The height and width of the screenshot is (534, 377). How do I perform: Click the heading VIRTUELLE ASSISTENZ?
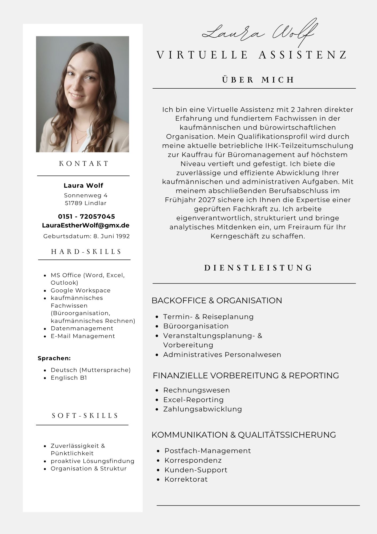(252, 55)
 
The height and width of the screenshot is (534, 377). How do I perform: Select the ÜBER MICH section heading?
(258, 80)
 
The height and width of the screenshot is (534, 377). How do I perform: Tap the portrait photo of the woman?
(82, 94)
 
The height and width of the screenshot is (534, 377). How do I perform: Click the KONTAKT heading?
(84, 163)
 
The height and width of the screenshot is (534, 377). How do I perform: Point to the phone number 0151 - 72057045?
(86, 216)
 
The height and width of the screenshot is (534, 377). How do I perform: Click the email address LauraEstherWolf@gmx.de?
(86, 225)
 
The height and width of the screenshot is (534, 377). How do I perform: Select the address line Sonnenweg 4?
(86, 195)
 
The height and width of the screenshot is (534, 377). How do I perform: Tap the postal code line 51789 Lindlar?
(86, 203)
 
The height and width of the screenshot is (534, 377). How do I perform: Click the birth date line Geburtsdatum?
(86, 236)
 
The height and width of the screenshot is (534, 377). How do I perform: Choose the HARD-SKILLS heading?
(86, 252)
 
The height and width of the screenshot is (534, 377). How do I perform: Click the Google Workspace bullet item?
(81, 290)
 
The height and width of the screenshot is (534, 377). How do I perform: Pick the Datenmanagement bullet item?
(82, 328)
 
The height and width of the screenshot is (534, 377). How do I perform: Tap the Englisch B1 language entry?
(69, 378)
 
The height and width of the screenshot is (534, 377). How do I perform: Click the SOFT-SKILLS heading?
(85, 416)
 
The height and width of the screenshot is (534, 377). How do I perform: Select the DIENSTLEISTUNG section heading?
(258, 268)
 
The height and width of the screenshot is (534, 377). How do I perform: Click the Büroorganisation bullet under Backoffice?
(196, 326)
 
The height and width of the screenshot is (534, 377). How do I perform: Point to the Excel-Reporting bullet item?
(193, 400)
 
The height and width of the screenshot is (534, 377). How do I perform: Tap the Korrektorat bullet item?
(186, 479)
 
